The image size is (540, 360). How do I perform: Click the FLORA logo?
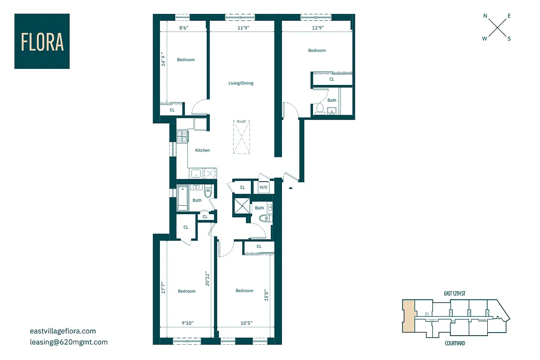pos(42,41)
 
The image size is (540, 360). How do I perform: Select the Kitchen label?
pos(202,150)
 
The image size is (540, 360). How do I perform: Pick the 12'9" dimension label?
pos(317,28)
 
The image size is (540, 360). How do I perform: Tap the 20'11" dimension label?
pos(207,278)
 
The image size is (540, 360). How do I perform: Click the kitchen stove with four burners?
pos(182,136)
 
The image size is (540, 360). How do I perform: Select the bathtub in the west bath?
pos(183,198)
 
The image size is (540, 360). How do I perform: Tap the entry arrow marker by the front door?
pos(291,187)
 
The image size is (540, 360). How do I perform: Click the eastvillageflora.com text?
pos(63,331)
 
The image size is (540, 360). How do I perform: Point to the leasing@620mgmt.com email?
pos(68,342)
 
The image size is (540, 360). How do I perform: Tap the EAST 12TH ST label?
pos(454,294)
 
